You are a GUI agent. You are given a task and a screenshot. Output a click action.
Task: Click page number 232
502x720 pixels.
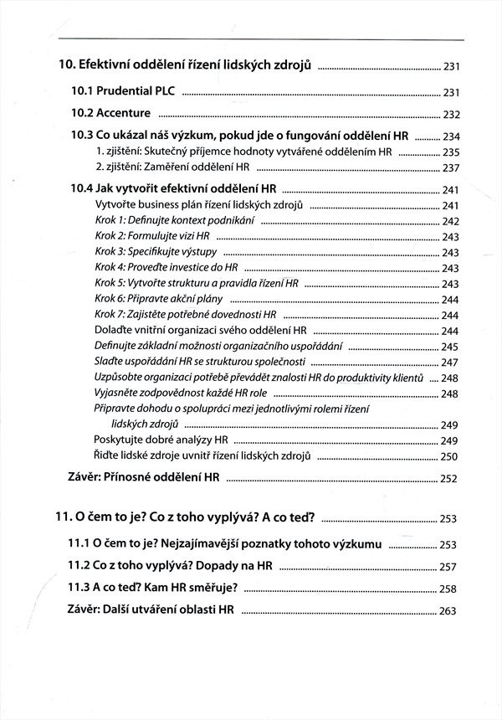point(451,115)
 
